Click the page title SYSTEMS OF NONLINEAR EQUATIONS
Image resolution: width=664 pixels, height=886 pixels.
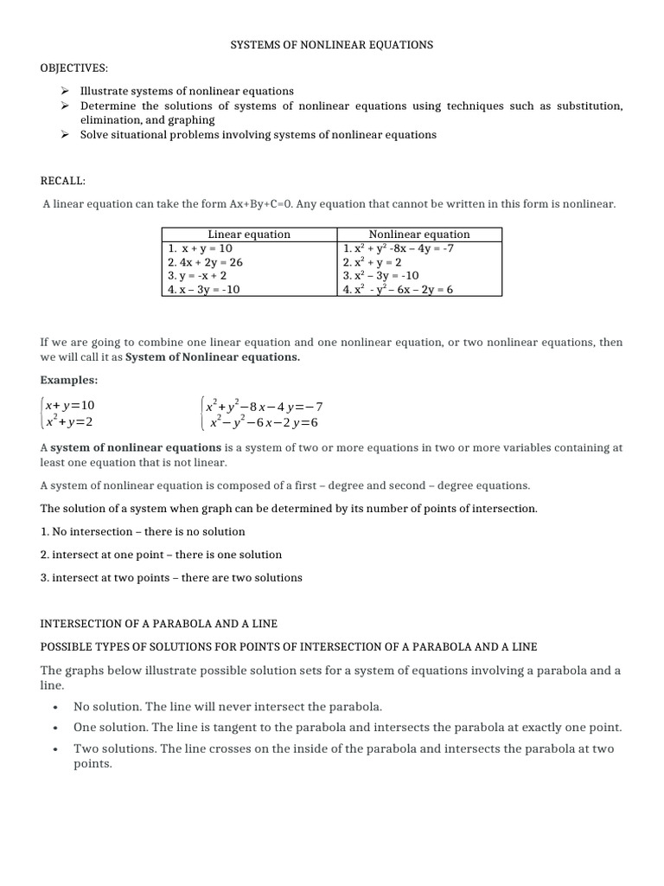pyautogui.click(x=331, y=44)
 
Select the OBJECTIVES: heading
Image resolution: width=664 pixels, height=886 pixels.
pyautogui.click(x=72, y=67)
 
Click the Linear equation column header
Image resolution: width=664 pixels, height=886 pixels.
pyautogui.click(x=249, y=234)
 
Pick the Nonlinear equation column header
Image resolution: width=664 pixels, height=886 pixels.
pyautogui.click(x=419, y=234)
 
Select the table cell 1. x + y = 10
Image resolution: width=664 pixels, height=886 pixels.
pyautogui.click(x=201, y=247)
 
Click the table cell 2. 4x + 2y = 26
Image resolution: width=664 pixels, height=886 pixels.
pyautogui.click(x=205, y=261)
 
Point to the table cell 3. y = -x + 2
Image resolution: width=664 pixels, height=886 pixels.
pyautogui.click(x=198, y=275)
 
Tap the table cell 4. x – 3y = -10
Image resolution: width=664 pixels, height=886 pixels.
pyautogui.click(x=204, y=289)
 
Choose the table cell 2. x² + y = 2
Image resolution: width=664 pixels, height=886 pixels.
pyautogui.click(x=372, y=261)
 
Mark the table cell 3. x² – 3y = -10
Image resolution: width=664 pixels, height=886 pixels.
pyautogui.click(x=380, y=275)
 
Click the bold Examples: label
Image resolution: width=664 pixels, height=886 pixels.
pyautogui.click(x=69, y=380)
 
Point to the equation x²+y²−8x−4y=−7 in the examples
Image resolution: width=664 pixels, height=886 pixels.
pyautogui.click(x=263, y=406)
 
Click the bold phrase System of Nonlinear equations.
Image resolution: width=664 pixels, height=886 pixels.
pyautogui.click(x=213, y=356)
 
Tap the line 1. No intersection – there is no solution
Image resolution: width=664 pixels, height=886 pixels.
pyautogui.click(x=143, y=531)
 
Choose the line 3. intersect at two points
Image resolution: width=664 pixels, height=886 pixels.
pyautogui.click(x=171, y=577)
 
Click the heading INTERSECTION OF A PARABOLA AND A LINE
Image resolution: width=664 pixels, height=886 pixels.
pyautogui.click(x=158, y=624)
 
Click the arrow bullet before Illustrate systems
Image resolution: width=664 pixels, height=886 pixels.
pyautogui.click(x=65, y=91)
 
